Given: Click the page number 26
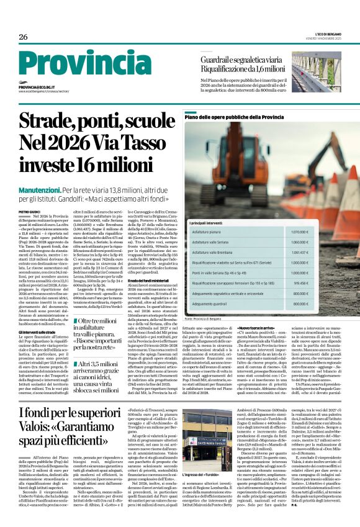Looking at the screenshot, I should pos(24,36).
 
